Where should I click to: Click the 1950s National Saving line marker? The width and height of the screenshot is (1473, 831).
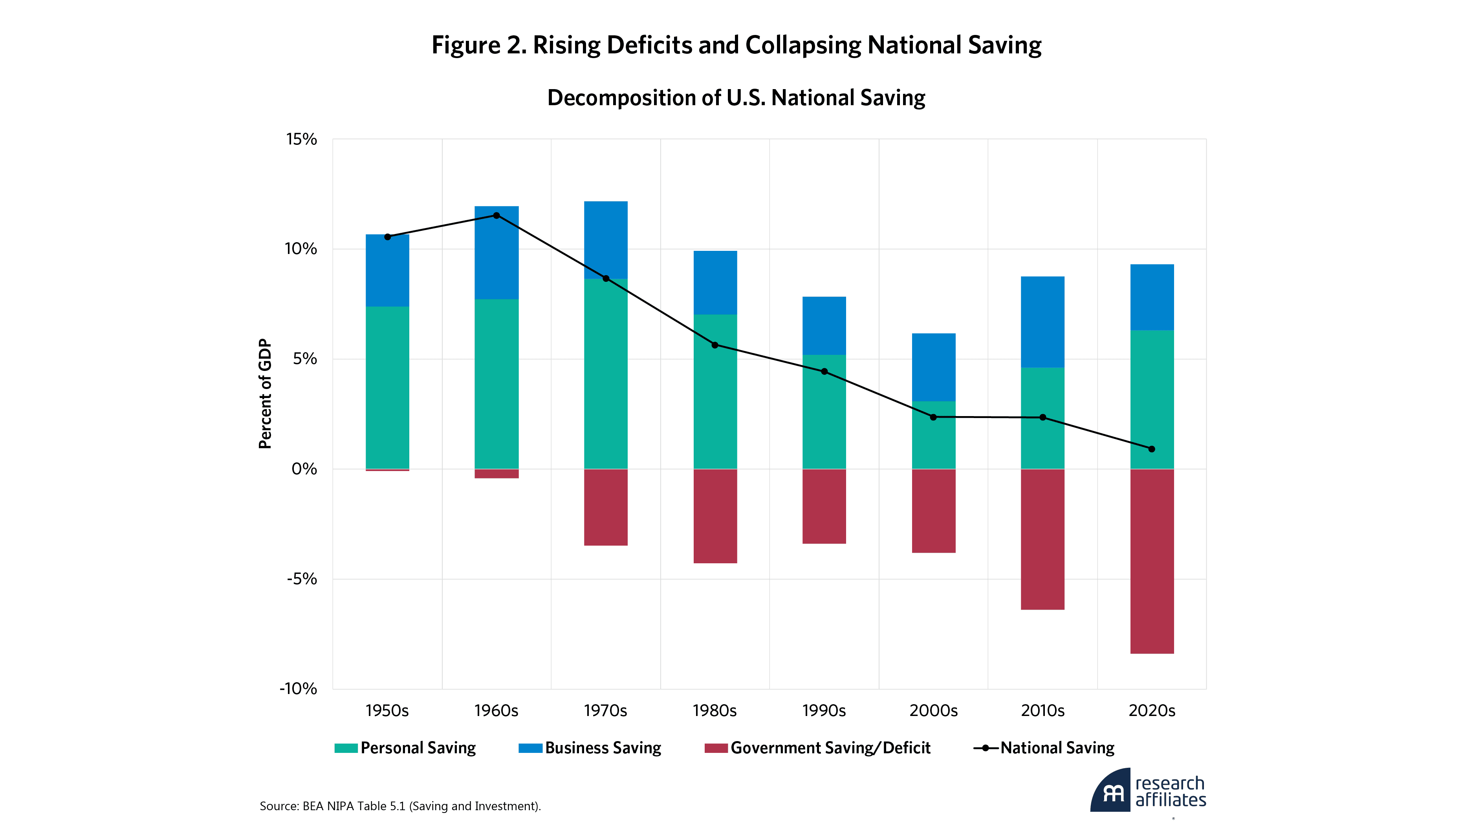coord(388,237)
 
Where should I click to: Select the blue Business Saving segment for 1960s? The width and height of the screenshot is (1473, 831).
coord(496,253)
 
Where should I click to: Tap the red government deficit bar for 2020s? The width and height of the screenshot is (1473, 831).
coord(1152,561)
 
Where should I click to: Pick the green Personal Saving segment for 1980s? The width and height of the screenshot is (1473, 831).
coord(715,391)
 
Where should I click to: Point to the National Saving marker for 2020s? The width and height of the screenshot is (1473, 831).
coord(1152,449)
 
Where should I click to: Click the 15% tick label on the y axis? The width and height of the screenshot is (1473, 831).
coord(301,139)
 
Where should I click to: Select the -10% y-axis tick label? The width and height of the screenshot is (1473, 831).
coord(298,689)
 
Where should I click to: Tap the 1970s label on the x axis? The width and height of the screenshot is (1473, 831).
coord(605,711)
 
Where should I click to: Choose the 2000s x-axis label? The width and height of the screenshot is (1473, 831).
coord(933,711)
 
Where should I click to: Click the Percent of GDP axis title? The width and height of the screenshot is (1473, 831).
coord(265,394)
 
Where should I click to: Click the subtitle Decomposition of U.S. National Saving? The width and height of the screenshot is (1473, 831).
coord(736,98)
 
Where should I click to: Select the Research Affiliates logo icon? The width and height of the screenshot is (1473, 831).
coord(1110,791)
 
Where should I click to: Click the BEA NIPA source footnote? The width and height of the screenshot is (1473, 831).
coord(400,806)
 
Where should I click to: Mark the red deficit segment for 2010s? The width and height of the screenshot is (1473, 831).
coord(1042,539)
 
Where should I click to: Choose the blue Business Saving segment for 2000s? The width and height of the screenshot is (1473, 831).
coord(933,367)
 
